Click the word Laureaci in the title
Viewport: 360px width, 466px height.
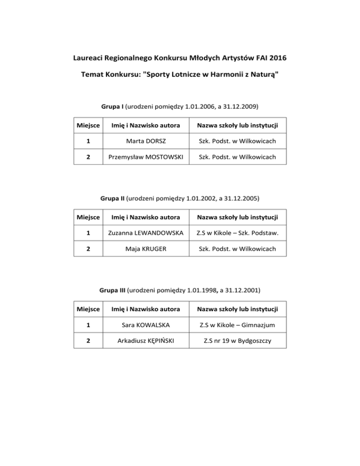90,59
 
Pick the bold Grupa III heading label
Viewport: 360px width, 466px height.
112,290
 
